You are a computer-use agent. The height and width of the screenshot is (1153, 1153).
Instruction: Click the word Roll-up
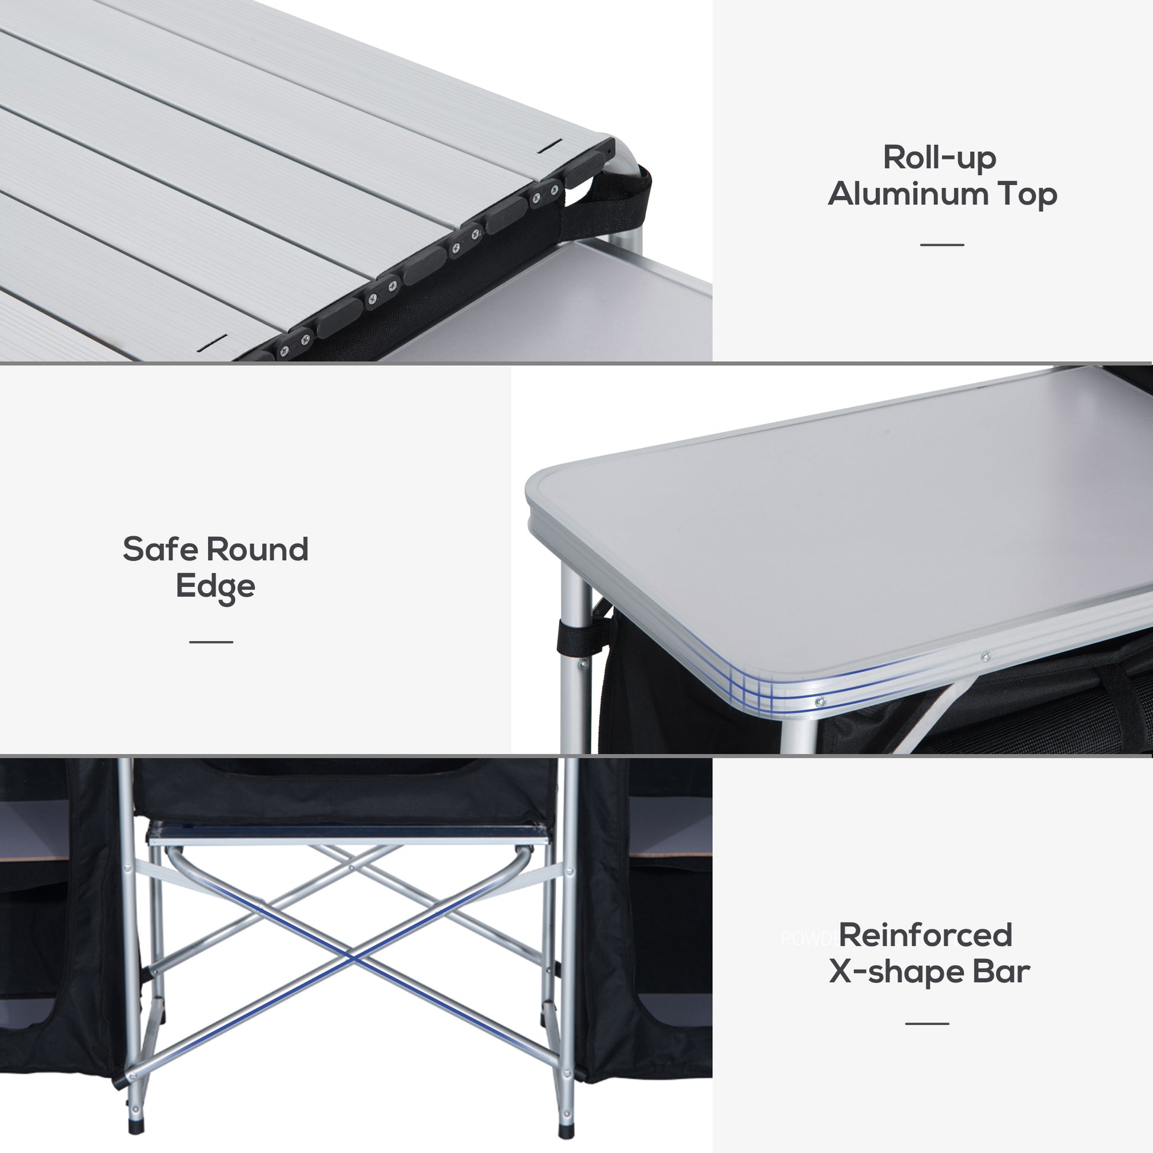pyautogui.click(x=939, y=159)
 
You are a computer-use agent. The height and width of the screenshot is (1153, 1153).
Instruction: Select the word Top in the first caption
pyautogui.click(x=1027, y=195)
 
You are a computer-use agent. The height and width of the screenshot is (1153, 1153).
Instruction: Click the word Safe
pyautogui.click(x=160, y=549)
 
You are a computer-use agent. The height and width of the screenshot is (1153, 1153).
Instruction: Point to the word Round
pyautogui.click(x=257, y=549)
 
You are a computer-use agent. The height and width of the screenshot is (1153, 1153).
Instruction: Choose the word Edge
pyautogui.click(x=216, y=587)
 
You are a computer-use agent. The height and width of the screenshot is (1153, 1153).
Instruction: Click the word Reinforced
pyautogui.click(x=925, y=935)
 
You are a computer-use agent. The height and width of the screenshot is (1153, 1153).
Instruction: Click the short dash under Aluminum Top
pyautogui.click(x=941, y=245)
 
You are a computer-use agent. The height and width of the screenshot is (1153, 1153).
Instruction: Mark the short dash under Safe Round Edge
pyautogui.click(x=212, y=642)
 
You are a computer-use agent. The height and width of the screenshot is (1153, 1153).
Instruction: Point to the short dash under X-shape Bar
pyautogui.click(x=927, y=1023)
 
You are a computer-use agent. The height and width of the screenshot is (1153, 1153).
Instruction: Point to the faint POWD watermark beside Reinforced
pyautogui.click(x=808, y=939)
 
